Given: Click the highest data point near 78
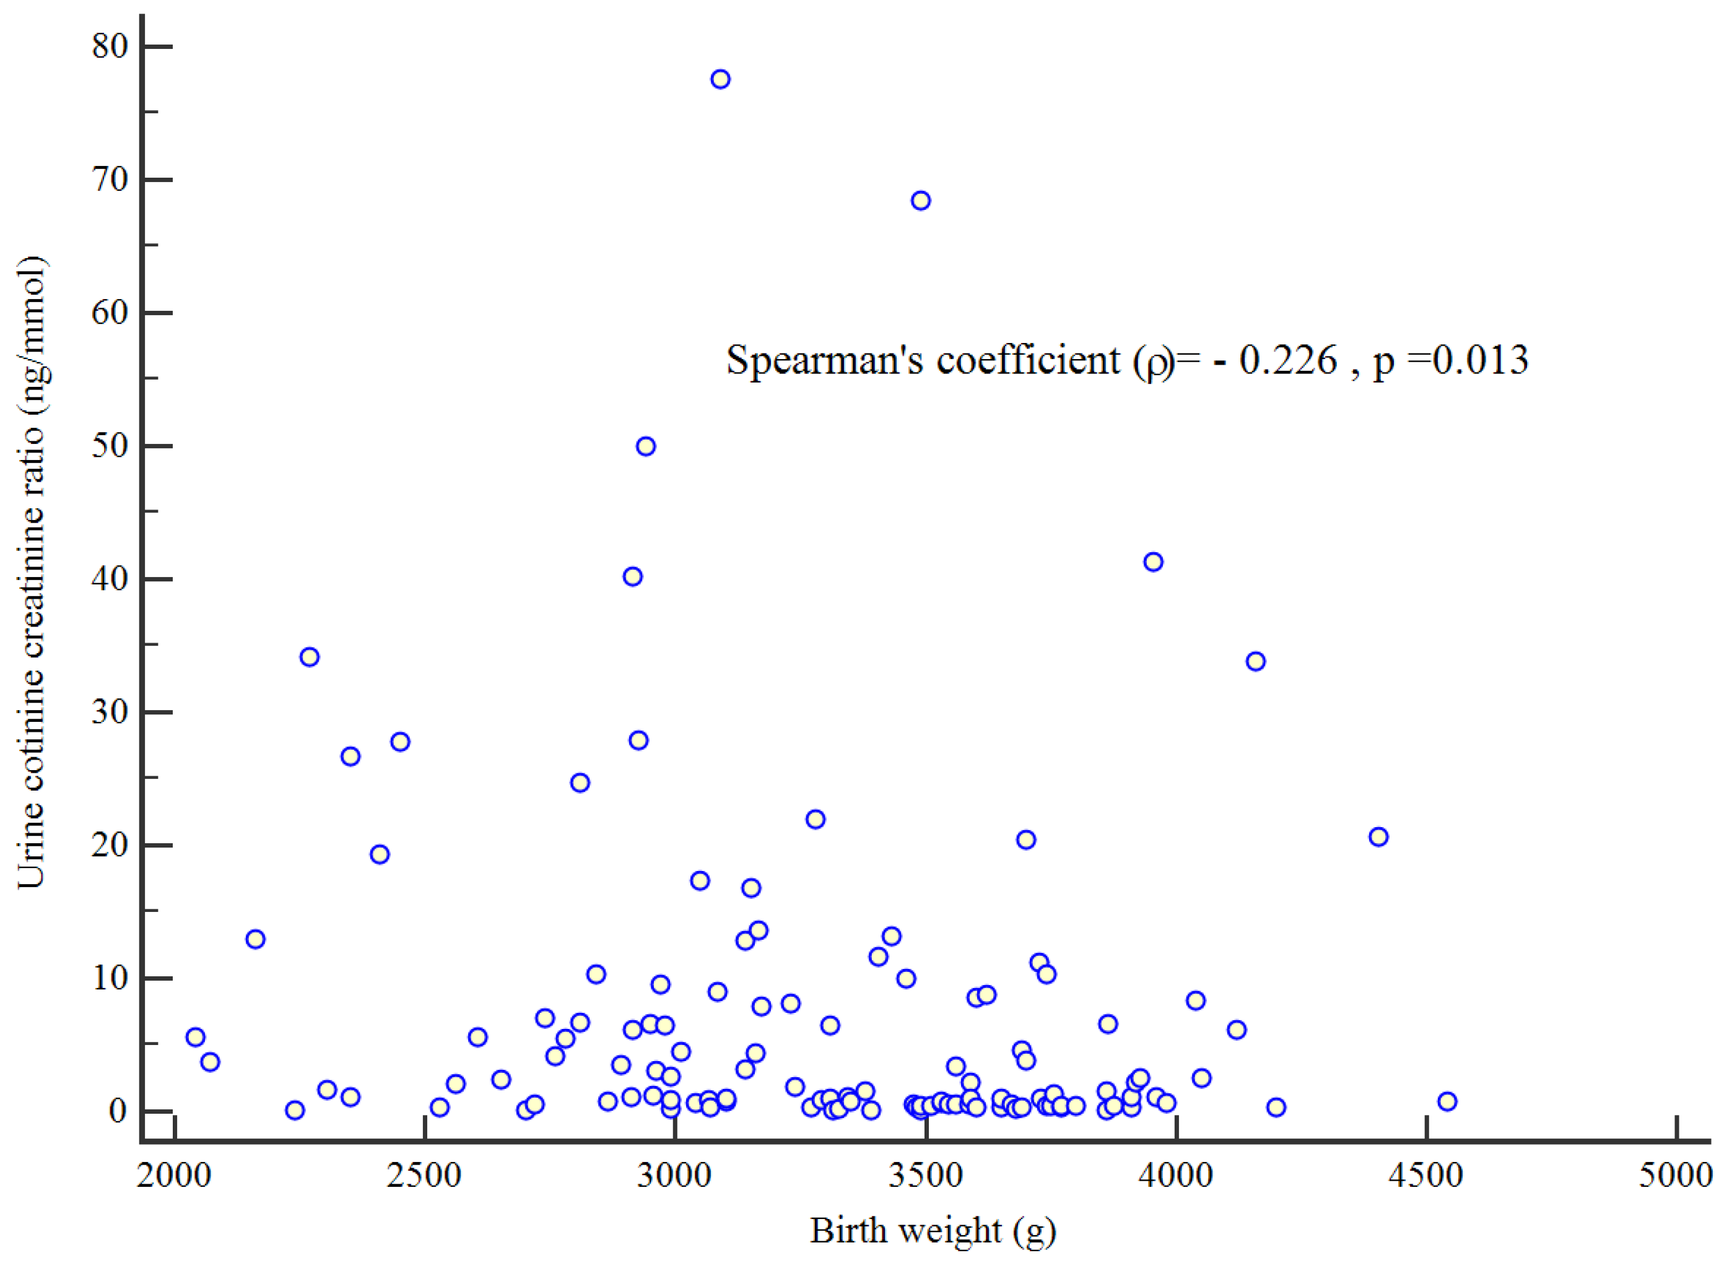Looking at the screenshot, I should pos(720,79).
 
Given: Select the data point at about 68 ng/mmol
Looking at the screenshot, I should pos(921,201).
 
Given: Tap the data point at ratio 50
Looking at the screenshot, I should pos(646,446).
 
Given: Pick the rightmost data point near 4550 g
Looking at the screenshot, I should pos(1447,1101).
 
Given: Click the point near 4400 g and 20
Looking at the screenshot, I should pos(1378,836).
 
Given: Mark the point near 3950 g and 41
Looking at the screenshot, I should pos(1152,562).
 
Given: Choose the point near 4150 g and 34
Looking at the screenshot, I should pos(1256,661).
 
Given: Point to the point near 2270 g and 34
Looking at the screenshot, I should pos(310,656).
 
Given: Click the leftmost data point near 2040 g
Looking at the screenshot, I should pos(196,1036).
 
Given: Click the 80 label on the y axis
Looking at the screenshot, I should pos(109,46).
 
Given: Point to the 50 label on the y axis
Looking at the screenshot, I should pos(109,446).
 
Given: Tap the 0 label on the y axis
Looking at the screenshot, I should pos(117,1111).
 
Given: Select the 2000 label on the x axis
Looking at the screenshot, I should pos(174,1176).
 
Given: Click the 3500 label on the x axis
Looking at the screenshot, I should pos(926,1176).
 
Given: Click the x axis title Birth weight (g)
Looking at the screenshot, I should pos(933,1231).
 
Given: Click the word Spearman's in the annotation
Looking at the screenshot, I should pos(824,360).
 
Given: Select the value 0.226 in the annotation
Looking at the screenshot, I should pos(1288,360).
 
